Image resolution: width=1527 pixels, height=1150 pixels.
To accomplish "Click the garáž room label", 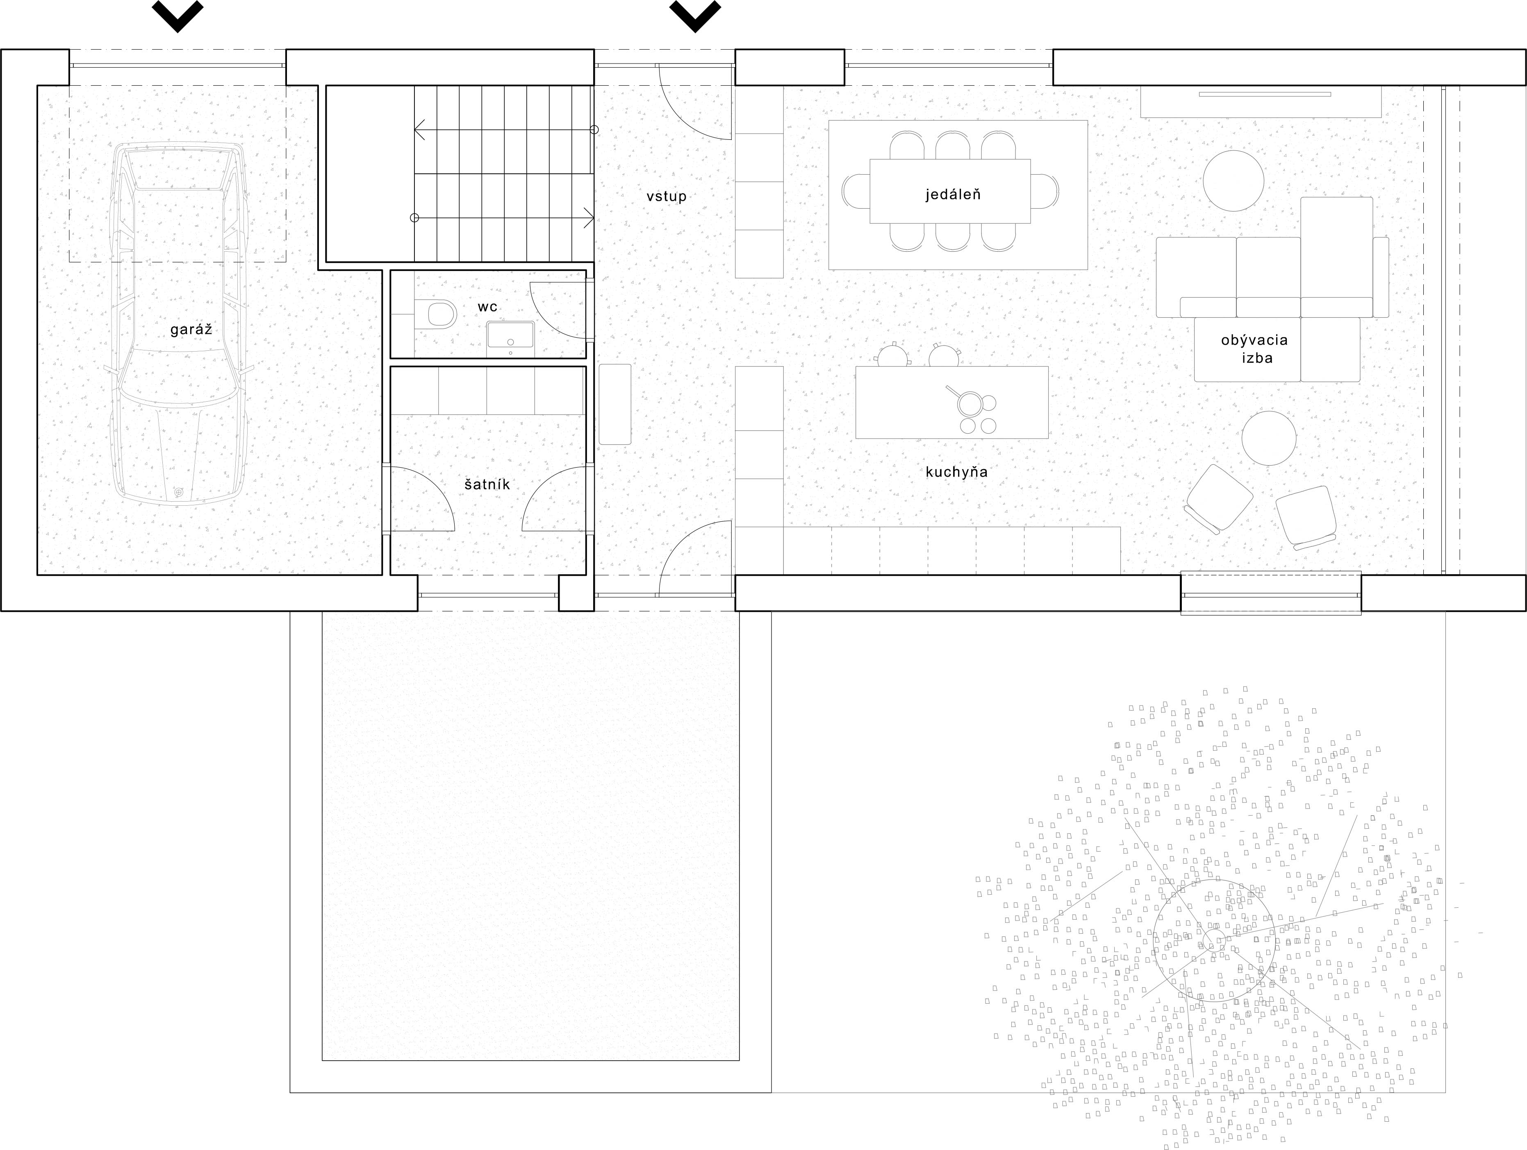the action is tap(191, 330).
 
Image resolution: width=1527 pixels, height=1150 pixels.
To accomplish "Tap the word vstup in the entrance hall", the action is tap(666, 197).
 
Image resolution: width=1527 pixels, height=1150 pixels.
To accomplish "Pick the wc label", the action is tap(487, 307).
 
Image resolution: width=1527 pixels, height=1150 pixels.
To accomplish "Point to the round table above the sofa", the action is tap(1233, 181).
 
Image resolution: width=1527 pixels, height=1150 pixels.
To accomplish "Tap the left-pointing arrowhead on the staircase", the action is tap(419, 129).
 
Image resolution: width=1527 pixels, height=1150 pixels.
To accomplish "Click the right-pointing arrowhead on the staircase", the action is tap(589, 218).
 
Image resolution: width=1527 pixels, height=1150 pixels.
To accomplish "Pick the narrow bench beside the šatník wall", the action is tap(614, 404).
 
